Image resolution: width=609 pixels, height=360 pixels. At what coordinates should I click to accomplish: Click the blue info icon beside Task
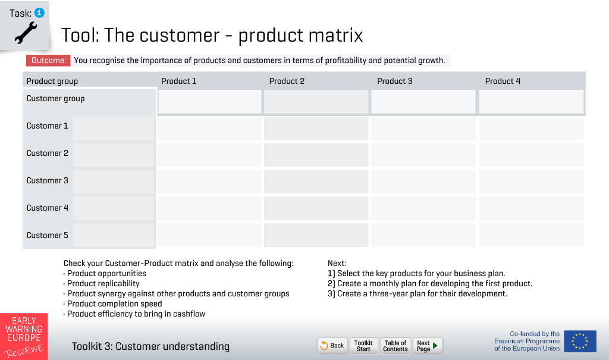tap(39, 13)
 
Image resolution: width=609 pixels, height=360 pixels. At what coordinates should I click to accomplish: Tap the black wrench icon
tap(26, 32)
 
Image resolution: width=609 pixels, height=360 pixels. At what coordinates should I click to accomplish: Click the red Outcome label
tap(48, 60)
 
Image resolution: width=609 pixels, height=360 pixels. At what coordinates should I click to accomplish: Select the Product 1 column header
tap(178, 81)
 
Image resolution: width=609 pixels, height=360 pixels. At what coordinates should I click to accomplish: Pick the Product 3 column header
tap(395, 81)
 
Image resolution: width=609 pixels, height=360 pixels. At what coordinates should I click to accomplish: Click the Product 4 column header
tap(503, 81)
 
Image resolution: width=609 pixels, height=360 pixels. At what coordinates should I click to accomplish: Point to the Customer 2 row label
tap(47, 153)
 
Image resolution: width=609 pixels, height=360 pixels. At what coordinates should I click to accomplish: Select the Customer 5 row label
tap(47, 235)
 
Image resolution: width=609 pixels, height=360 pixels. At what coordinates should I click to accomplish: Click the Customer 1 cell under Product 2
tap(316, 129)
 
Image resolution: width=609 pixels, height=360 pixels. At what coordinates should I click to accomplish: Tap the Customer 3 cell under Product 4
tap(531, 181)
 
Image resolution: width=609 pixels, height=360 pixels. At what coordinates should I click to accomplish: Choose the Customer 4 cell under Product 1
tap(209, 209)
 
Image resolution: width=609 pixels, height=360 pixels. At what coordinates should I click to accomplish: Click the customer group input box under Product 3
tap(423, 102)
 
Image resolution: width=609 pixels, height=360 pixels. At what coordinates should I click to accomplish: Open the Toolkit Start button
tap(363, 346)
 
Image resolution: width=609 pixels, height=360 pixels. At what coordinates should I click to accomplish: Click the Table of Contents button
tap(395, 346)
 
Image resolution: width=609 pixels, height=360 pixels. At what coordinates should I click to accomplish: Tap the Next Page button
tap(427, 346)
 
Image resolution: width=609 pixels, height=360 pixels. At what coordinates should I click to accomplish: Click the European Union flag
tap(580, 342)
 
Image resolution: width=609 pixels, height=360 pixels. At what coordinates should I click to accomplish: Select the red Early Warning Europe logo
tap(24, 336)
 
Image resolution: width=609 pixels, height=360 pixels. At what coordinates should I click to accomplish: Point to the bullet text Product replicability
tap(103, 283)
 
